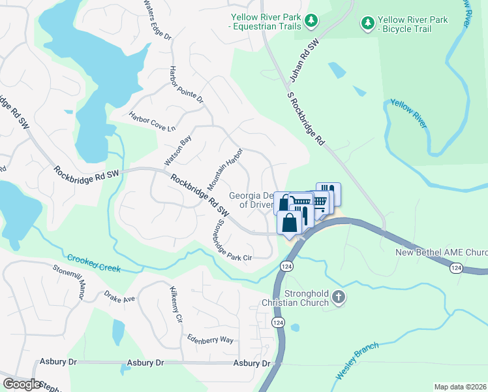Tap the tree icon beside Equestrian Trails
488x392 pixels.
[x=312, y=22]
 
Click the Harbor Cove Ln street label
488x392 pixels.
[x=153, y=122]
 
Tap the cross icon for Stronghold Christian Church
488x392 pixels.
[x=338, y=297]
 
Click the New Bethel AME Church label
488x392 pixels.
[x=441, y=252]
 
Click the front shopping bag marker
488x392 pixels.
[x=288, y=223]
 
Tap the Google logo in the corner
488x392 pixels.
[x=22, y=384]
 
